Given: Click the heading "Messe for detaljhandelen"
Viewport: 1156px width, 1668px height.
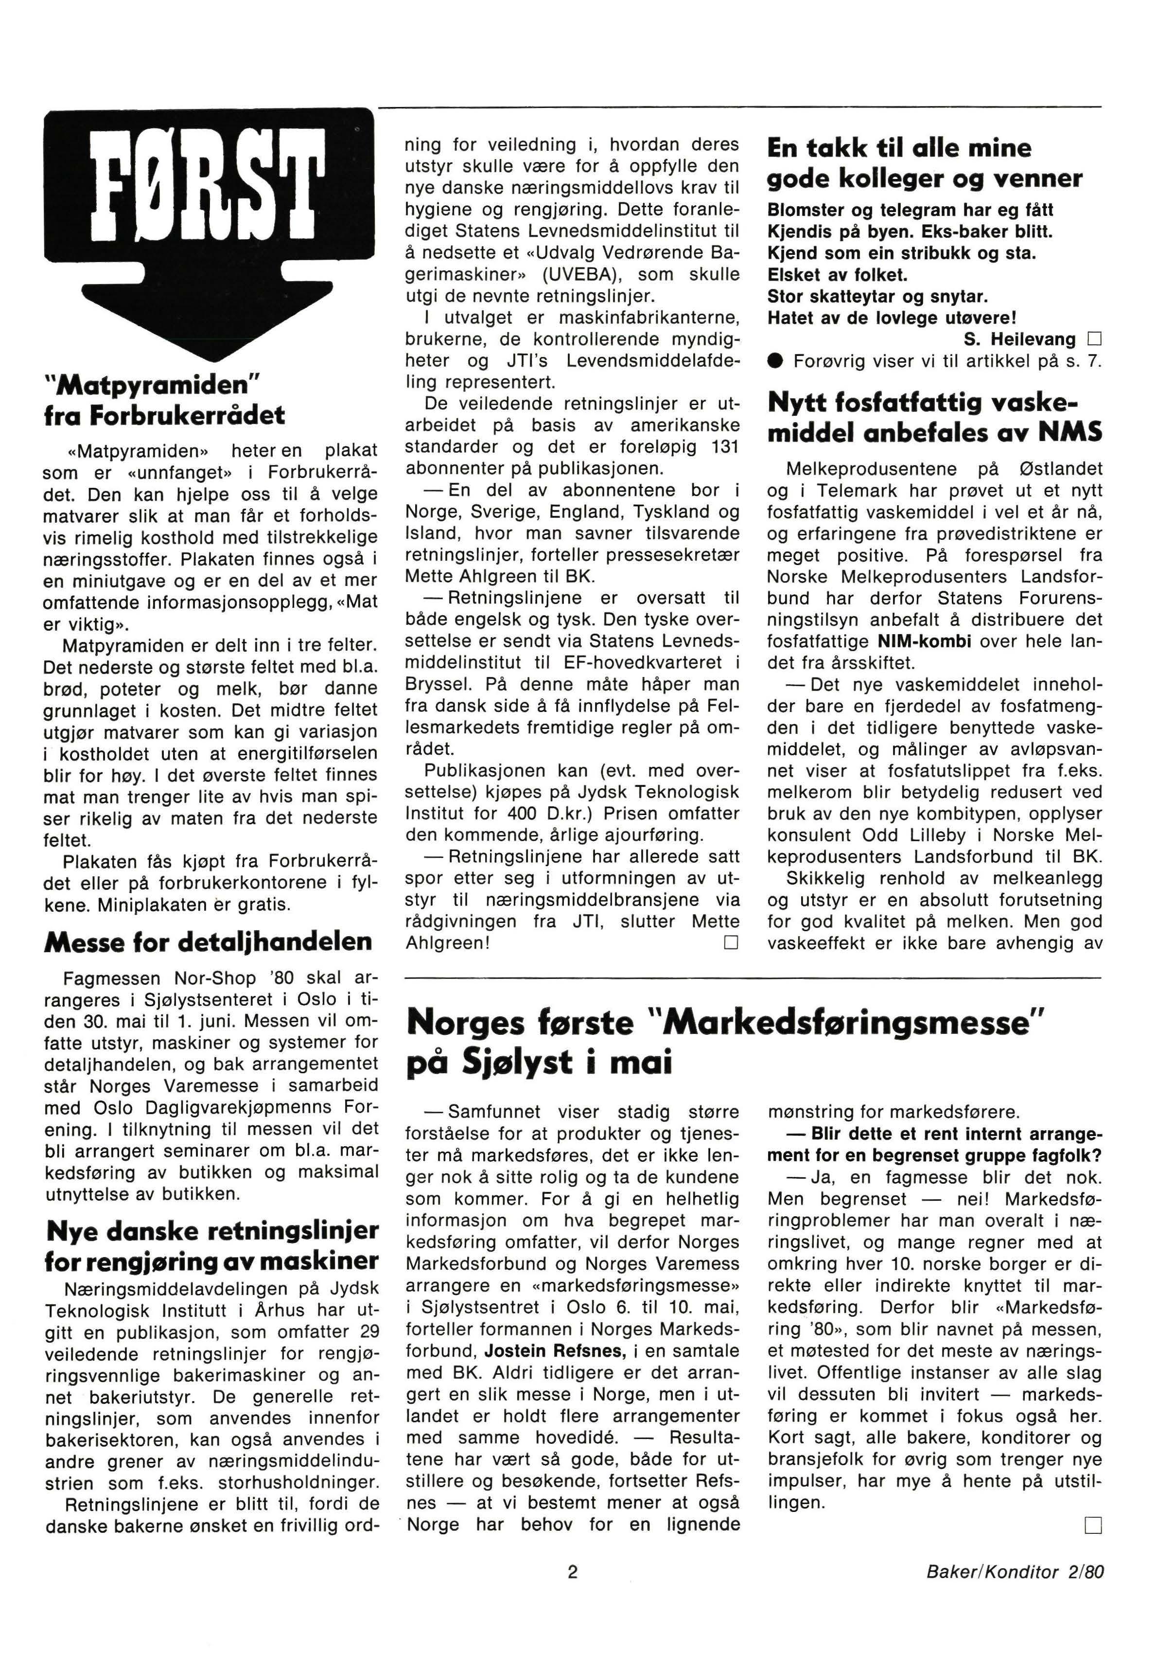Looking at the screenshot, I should coord(208,941).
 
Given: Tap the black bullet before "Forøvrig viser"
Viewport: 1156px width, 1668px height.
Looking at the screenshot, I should coord(775,361).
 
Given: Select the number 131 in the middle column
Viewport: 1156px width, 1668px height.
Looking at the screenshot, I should coord(723,446).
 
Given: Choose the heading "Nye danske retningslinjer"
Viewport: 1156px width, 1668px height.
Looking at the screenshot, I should coord(211,1230).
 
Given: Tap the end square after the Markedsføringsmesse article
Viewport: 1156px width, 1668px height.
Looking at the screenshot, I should coord(1092,1526).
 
